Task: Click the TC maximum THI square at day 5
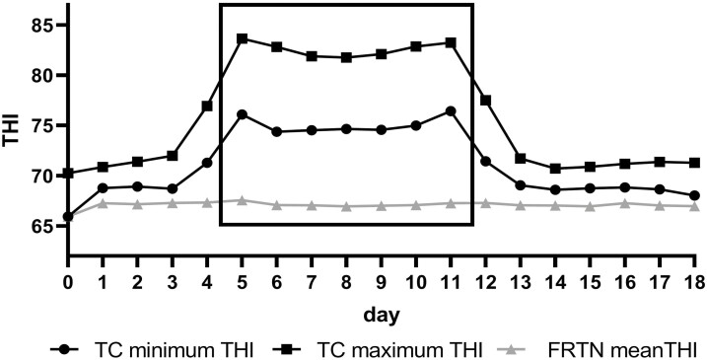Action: [242, 38]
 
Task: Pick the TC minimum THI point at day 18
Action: [694, 195]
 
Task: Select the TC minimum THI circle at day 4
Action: [207, 163]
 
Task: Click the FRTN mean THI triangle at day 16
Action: [624, 203]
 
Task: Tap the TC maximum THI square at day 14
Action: [555, 169]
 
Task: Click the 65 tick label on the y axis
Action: [44, 227]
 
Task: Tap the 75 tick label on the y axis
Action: [44, 125]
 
